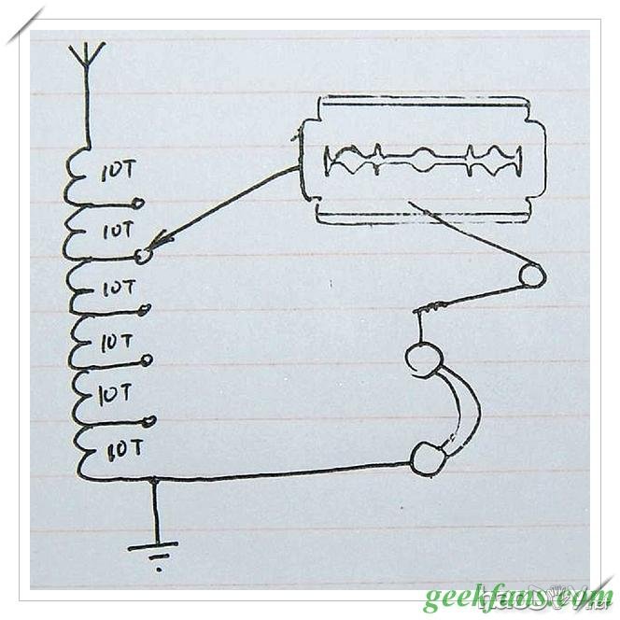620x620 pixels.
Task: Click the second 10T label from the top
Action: point(118,229)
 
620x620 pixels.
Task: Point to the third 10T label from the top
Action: point(119,288)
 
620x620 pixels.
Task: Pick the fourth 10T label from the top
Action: point(118,342)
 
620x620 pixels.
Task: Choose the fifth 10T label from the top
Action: point(116,394)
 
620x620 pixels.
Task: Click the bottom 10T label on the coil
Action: point(124,449)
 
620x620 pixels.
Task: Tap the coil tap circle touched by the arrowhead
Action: point(143,256)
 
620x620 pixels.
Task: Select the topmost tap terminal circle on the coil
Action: point(139,203)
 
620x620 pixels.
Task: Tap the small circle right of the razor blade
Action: point(532,275)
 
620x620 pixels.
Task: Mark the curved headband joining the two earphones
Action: point(467,407)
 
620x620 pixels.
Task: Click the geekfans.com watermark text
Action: point(517,595)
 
